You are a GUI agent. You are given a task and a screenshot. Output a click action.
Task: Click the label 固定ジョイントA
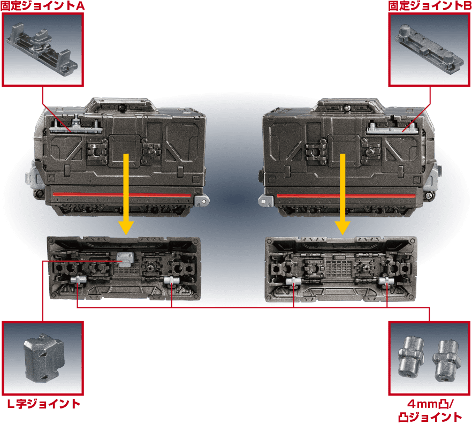pos(42,5)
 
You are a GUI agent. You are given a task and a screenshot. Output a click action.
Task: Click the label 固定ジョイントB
pos(430,5)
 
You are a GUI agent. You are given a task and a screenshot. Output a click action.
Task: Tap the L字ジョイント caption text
pos(44,404)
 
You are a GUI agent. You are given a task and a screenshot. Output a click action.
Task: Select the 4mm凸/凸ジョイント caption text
pos(430,411)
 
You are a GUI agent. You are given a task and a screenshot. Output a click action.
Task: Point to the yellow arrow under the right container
pos(342,194)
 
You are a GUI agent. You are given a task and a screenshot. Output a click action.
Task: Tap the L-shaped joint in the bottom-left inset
pos(44,358)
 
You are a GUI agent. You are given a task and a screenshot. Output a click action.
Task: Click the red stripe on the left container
pos(121,194)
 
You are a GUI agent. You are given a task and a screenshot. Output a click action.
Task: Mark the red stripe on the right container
pos(346,196)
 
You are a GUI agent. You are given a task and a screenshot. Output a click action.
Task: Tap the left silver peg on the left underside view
pos(79,280)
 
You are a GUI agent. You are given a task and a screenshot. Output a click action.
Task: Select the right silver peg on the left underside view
pos(172,281)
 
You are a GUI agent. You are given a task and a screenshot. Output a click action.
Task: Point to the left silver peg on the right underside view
pos(293,282)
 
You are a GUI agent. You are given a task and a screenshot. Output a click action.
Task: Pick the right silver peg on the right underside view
pos(386,281)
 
